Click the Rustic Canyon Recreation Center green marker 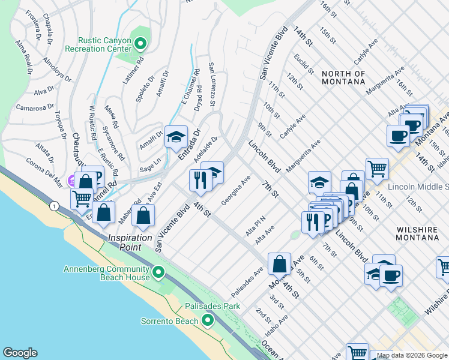click(140, 43)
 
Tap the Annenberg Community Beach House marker click(158, 273)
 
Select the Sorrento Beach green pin click(207, 321)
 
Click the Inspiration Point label click(130, 242)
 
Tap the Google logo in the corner click(20, 353)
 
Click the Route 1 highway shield click(55, 206)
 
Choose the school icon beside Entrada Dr click(176, 138)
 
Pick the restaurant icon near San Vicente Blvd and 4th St click(199, 179)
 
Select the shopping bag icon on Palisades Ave click(280, 263)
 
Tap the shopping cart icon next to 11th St click(376, 169)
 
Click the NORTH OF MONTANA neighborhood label click(343, 77)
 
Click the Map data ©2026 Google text click(409, 355)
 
